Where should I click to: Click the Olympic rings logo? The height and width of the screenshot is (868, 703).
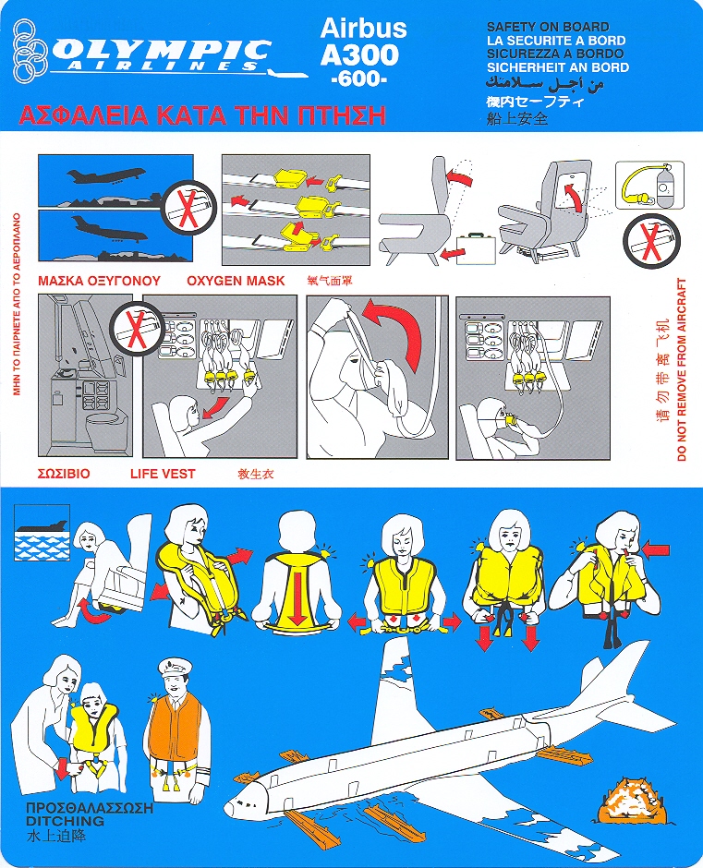pos(31,50)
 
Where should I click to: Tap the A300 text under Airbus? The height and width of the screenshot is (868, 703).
pos(360,54)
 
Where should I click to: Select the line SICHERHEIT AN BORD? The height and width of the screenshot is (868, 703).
pos(558,67)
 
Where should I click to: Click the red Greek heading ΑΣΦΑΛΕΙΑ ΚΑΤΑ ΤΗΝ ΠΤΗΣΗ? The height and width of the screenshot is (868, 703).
pos(202,115)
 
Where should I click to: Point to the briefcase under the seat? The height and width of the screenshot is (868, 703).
pos(476,247)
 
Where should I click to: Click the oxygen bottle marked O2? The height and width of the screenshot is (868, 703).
pos(663,187)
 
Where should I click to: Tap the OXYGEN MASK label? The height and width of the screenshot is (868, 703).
pos(236,281)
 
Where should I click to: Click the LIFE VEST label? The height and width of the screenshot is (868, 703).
pos(163,474)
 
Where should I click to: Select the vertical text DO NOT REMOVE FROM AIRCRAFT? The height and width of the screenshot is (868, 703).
pos(682,369)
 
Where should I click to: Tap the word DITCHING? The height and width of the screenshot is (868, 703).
pos(65,821)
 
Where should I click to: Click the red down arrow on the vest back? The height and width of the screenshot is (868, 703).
pos(299,597)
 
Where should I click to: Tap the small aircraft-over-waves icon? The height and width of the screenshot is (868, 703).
pos(42,532)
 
